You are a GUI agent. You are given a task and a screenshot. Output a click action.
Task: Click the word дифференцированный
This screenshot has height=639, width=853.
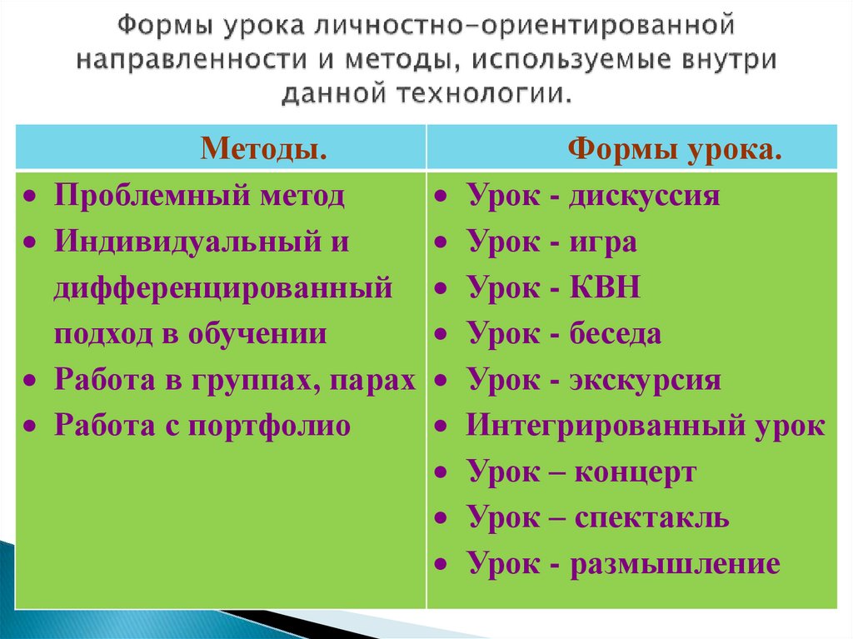(223, 288)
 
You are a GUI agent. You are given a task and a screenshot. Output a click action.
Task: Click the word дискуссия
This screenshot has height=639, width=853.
(645, 197)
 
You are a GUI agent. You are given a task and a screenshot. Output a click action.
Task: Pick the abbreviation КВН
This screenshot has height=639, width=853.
(605, 288)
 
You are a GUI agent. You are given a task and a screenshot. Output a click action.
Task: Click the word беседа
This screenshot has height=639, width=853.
(616, 334)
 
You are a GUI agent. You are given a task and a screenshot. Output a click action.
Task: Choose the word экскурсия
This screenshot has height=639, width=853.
(646, 381)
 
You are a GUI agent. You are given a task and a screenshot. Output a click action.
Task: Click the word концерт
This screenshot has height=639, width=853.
(635, 472)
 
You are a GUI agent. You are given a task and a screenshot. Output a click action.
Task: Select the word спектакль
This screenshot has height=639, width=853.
(651, 518)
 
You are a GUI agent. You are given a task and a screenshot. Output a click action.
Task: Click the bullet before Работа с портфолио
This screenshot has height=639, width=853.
(29, 427)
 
